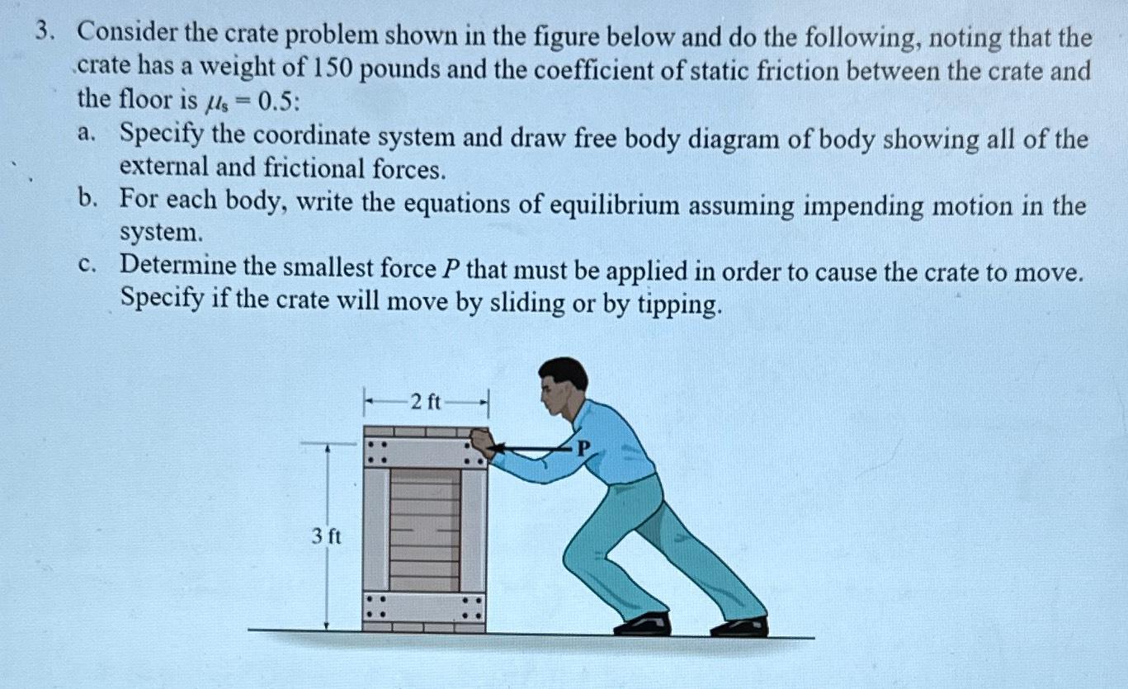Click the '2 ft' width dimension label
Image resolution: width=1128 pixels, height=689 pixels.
(427, 403)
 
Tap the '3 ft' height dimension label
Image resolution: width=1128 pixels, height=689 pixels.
(327, 536)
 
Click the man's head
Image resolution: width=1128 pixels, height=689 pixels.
(563, 384)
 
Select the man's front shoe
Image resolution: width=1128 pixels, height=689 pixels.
(643, 625)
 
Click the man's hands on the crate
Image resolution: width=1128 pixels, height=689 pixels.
(481, 443)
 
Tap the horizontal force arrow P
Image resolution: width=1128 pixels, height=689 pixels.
(532, 450)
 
